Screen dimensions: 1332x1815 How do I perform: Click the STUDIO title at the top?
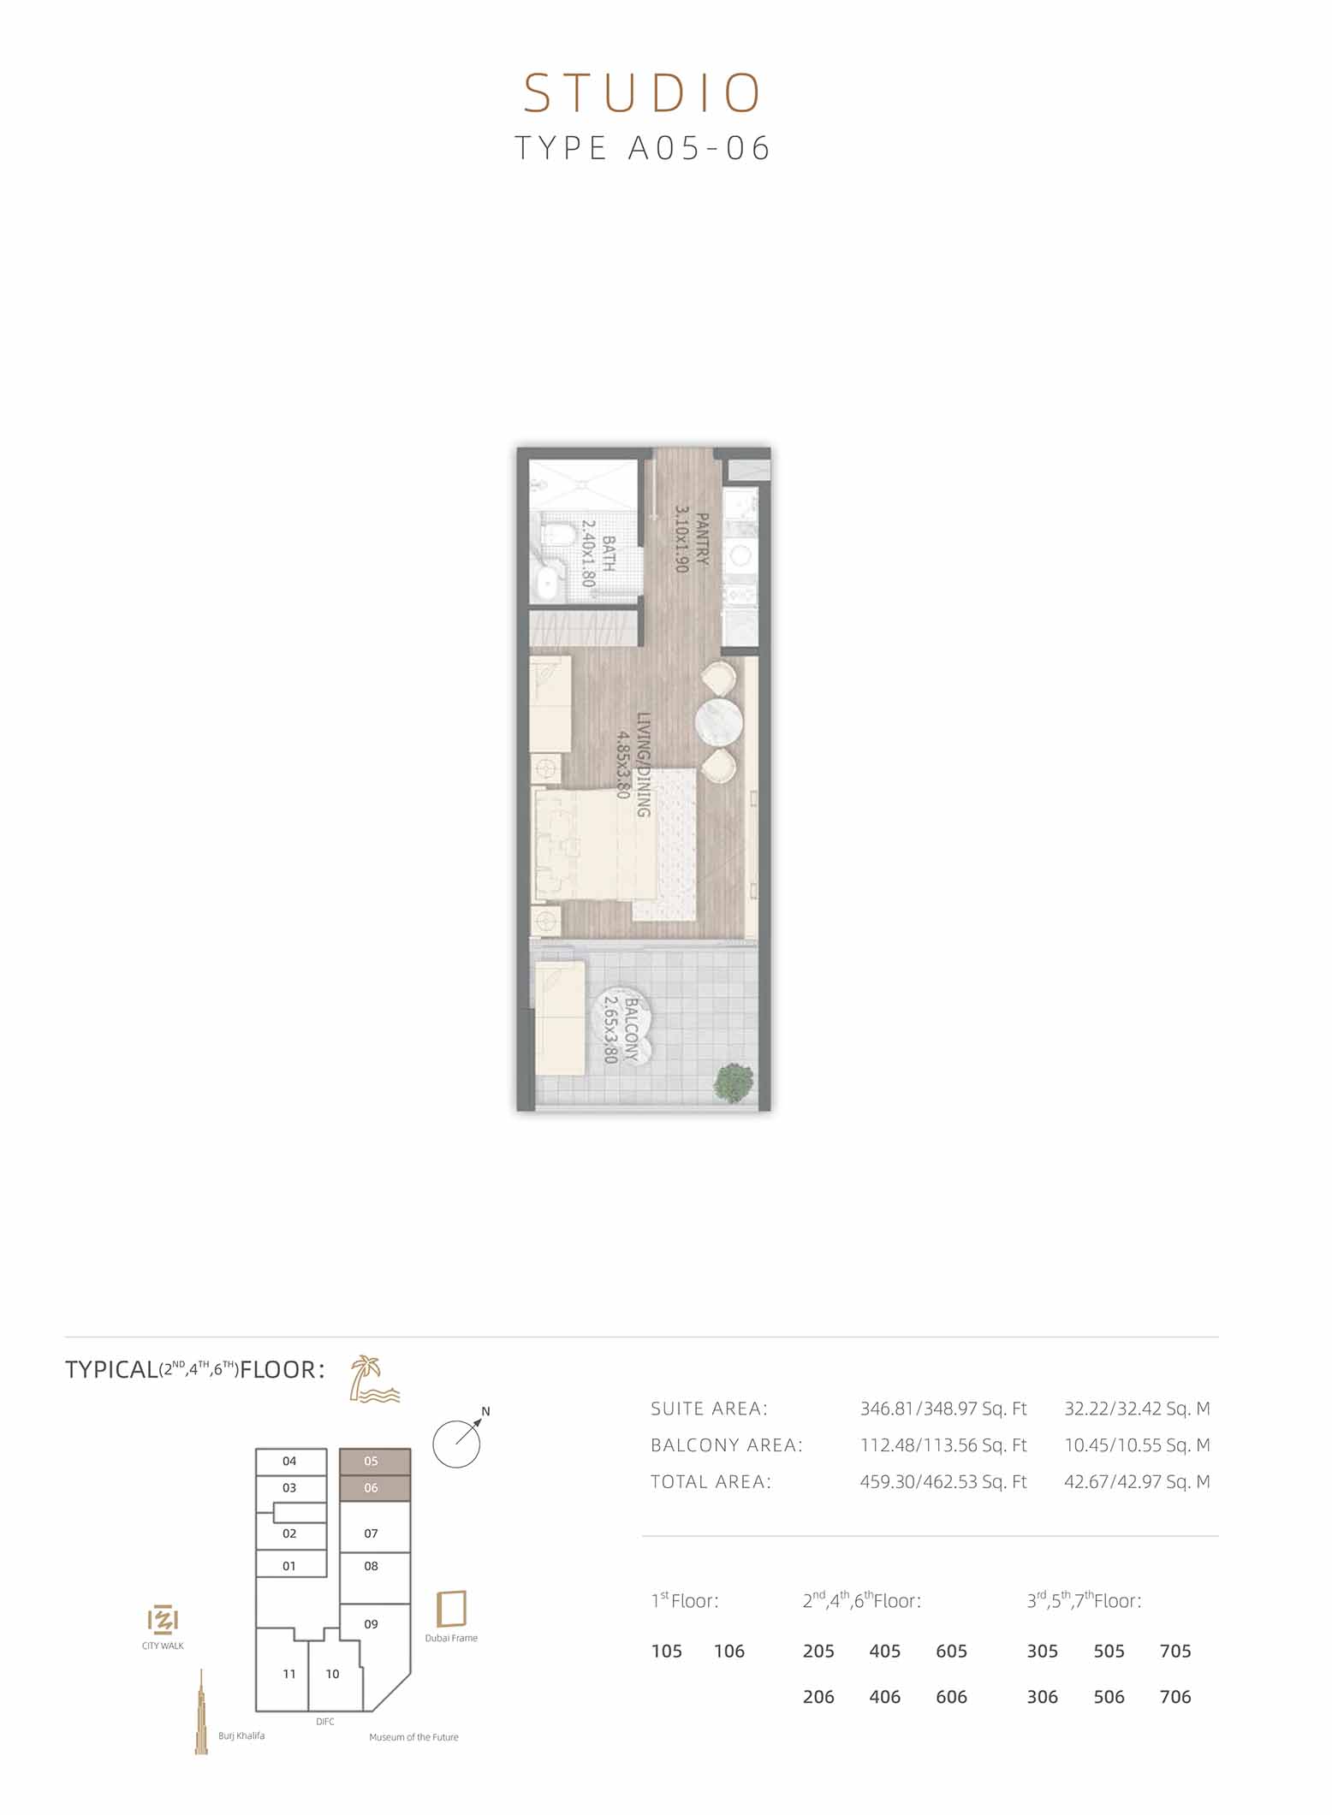pos(642,93)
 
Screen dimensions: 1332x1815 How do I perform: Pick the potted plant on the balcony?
pos(734,1082)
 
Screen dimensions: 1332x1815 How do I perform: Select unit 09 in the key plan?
pos(371,1624)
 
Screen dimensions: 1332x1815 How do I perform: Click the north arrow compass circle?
pos(457,1444)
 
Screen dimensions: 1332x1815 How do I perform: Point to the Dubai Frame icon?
pos(451,1610)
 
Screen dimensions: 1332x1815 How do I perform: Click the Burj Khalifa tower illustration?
pos(201,1711)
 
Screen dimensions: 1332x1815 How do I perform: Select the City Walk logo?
pos(163,1620)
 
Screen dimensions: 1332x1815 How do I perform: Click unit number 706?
pos(1175,1697)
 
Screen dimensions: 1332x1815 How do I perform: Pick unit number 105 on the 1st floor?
pos(667,1652)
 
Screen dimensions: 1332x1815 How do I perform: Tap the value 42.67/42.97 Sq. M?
pos(1137,1482)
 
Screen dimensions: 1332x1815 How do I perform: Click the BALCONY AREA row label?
pos(727,1445)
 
